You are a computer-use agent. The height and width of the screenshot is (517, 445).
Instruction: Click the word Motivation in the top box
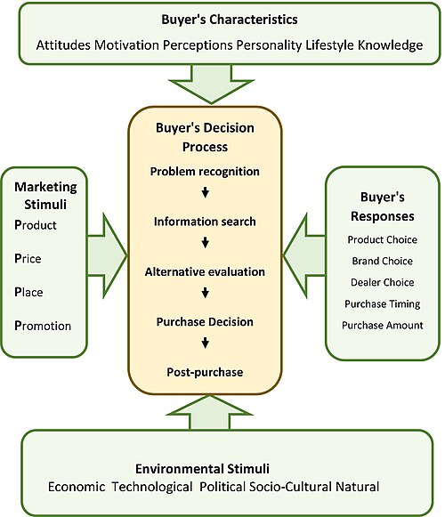point(126,44)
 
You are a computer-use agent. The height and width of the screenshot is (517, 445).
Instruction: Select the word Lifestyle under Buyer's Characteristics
point(329,45)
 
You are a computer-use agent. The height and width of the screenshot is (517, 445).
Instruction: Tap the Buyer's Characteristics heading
point(230,20)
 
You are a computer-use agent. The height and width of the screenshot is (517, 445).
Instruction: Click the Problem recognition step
point(205,172)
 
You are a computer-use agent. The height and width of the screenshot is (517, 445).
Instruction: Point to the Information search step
point(205,222)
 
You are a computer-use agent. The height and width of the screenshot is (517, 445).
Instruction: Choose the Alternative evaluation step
point(205,271)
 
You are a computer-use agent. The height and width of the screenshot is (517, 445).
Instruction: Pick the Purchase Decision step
point(205,322)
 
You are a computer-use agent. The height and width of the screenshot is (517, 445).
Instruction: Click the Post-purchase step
point(205,372)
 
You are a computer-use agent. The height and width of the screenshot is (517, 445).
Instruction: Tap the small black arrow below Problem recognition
point(206,192)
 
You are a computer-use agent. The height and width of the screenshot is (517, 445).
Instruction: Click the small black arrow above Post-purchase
point(206,343)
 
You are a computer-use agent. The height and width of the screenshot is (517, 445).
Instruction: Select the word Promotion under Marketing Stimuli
point(43,326)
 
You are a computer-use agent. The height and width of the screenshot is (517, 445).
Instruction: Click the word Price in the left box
point(28,258)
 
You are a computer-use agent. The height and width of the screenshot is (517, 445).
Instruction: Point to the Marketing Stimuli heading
point(45,196)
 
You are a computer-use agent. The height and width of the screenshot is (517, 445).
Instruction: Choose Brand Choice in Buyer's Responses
point(383,261)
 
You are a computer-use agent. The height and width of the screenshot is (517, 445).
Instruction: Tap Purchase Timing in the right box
point(383,304)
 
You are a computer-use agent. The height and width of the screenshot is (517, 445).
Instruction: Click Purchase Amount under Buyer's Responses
point(383,326)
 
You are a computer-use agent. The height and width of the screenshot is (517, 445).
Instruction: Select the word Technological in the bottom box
point(152,487)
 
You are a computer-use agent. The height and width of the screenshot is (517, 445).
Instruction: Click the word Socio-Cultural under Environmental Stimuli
point(291,487)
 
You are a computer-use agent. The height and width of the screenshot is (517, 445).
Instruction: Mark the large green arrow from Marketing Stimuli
point(107,255)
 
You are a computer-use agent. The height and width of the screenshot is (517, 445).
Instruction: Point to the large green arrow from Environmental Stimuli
point(210,413)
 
